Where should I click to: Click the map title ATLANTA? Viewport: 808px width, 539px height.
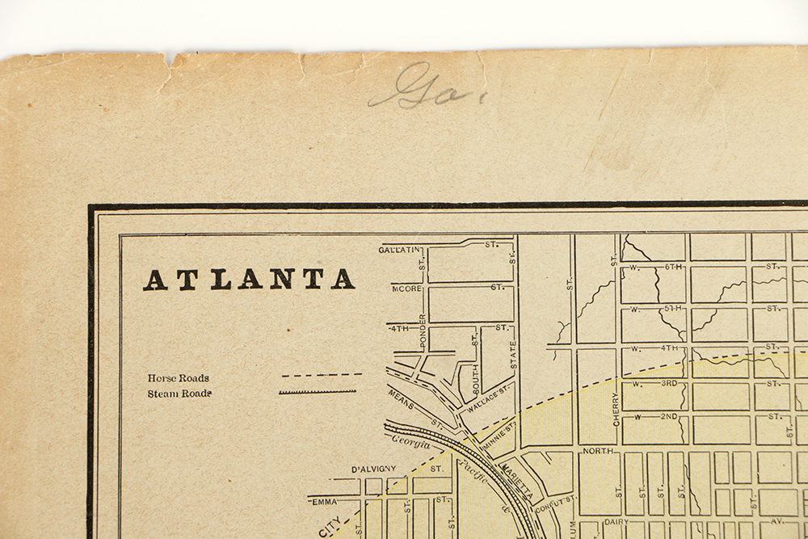[249, 279]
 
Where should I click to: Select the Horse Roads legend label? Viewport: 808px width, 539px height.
[178, 377]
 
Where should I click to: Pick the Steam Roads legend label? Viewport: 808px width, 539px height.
[179, 394]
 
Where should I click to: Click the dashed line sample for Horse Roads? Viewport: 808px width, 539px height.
[322, 375]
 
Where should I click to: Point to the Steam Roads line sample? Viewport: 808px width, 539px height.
[318, 392]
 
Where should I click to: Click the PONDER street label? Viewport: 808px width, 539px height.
[423, 331]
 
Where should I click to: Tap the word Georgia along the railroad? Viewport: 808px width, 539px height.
[411, 442]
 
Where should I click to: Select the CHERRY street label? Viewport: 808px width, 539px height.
[616, 410]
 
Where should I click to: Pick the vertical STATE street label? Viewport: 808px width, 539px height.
[513, 354]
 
